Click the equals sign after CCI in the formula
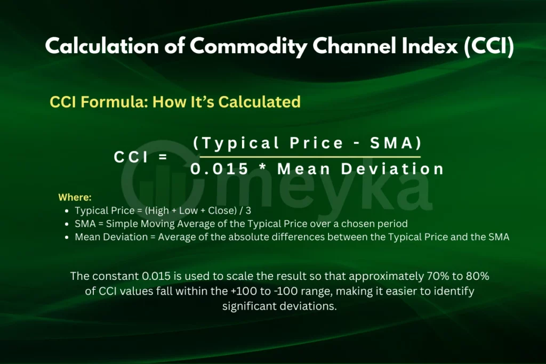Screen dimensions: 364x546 (163, 157)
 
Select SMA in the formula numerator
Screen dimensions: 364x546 (394, 143)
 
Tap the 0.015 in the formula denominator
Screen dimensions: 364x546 (220, 169)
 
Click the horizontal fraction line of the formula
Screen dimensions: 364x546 (309, 157)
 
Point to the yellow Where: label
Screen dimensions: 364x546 (75, 197)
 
